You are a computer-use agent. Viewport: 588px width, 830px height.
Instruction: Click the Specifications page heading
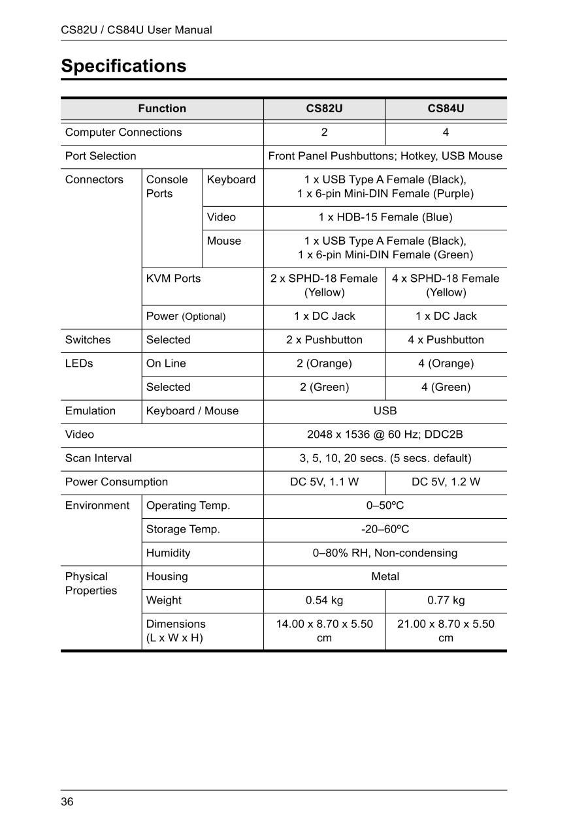(123, 66)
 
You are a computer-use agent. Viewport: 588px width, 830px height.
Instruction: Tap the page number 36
(67, 802)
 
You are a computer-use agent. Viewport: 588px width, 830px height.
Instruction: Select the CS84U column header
(446, 108)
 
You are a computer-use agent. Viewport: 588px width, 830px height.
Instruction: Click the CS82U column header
(324, 108)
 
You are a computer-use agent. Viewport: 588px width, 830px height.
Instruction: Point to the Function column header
(162, 108)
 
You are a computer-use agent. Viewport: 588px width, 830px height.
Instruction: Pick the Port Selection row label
(101, 156)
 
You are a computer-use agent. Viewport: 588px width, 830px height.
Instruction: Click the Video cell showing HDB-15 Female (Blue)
(385, 217)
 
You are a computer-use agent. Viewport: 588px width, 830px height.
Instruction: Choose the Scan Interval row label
(98, 458)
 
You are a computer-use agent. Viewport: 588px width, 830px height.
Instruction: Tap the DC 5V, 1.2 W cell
(446, 482)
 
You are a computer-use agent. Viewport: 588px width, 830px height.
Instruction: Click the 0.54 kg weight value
(324, 600)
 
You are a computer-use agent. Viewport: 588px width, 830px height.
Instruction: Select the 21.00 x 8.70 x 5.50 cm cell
(446, 631)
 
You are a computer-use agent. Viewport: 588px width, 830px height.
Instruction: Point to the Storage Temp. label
(183, 529)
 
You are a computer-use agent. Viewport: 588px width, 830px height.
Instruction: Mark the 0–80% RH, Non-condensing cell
(385, 553)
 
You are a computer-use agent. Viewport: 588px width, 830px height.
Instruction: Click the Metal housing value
(385, 577)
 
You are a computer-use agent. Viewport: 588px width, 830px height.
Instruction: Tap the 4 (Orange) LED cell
(446, 363)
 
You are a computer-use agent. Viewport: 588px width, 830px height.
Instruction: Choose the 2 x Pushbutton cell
(324, 340)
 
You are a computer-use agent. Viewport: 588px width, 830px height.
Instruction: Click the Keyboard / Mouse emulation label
(192, 411)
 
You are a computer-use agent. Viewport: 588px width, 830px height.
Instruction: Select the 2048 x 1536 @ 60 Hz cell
(385, 435)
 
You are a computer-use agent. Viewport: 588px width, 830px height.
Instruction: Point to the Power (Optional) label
(186, 316)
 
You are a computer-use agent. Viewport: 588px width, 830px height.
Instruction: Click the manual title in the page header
(136, 30)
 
